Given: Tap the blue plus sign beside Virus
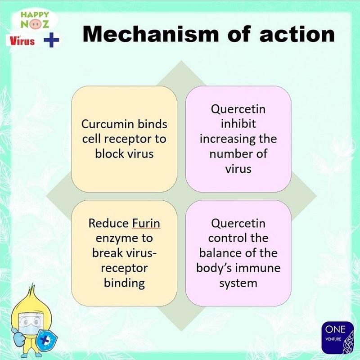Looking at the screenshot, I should coord(52,40).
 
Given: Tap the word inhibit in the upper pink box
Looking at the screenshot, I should coord(238,124).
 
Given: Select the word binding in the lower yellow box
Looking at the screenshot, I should coord(124,283).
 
